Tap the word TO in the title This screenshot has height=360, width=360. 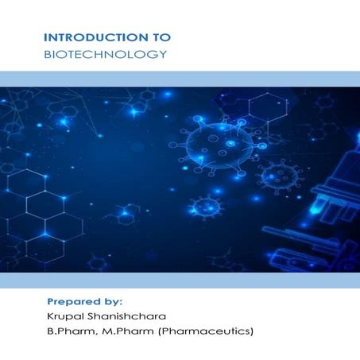[160, 37]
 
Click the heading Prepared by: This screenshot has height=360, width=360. [84, 301]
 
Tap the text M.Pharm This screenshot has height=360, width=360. [126, 332]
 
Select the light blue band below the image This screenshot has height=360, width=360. [180, 280]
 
